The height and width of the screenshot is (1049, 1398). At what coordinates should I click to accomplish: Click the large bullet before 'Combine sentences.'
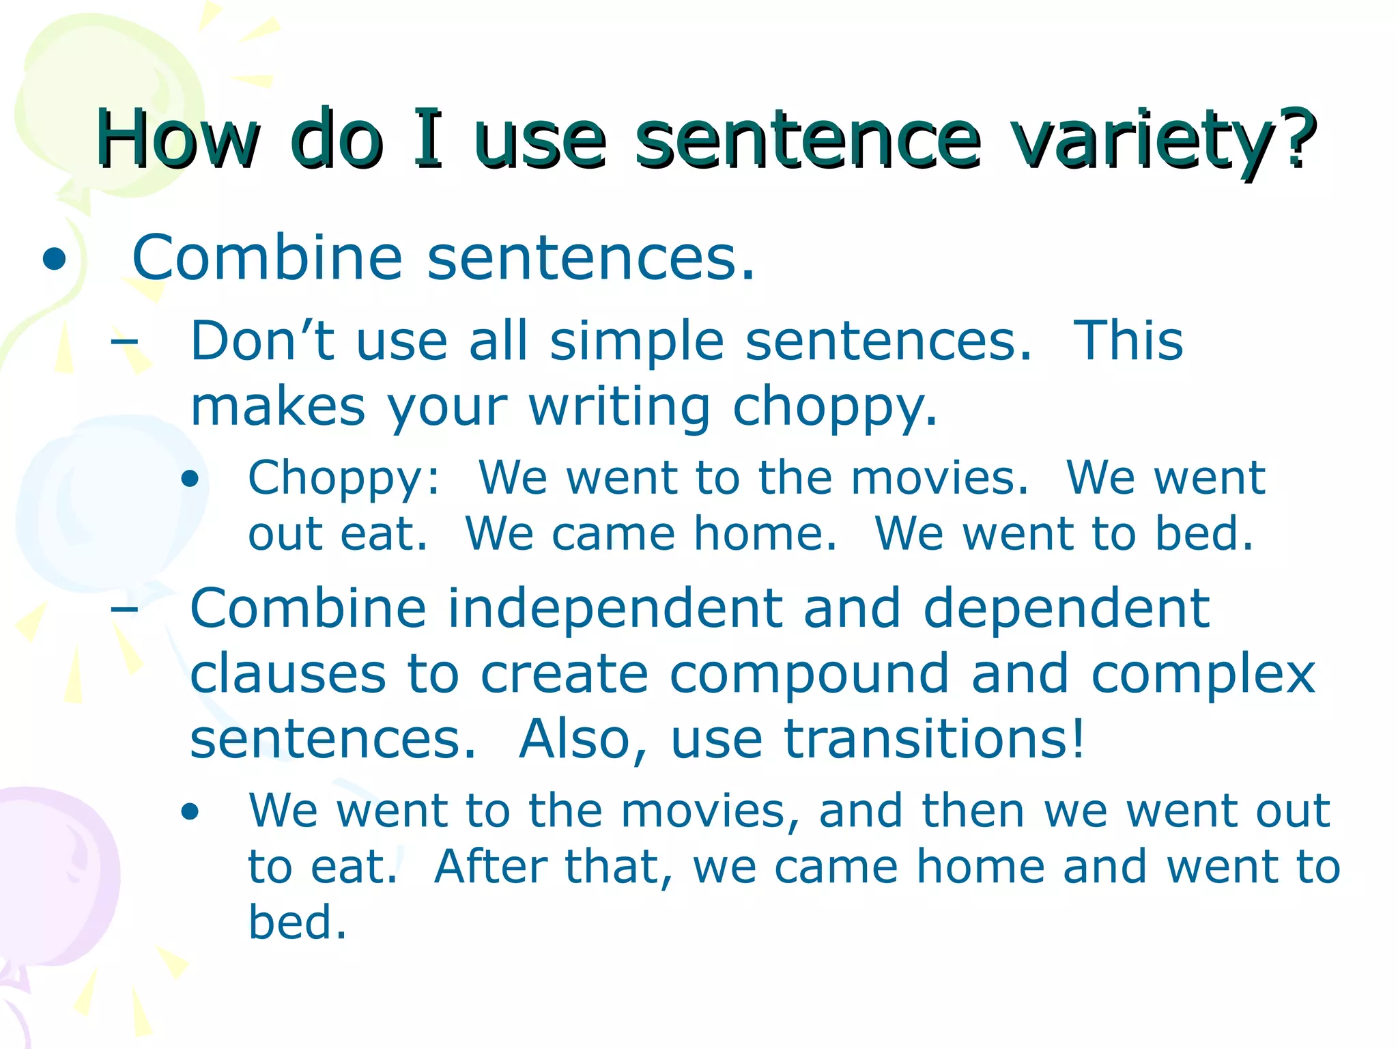click(x=54, y=260)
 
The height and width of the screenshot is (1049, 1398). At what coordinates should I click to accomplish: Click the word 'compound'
click(x=809, y=674)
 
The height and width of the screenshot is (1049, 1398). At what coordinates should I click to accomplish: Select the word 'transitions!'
click(x=933, y=739)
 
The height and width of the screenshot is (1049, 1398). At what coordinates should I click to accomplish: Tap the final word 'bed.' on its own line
click(x=298, y=922)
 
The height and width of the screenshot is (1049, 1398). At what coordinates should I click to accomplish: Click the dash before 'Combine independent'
click(x=124, y=608)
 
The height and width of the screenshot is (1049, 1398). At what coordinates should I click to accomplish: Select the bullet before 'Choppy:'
click(x=190, y=479)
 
